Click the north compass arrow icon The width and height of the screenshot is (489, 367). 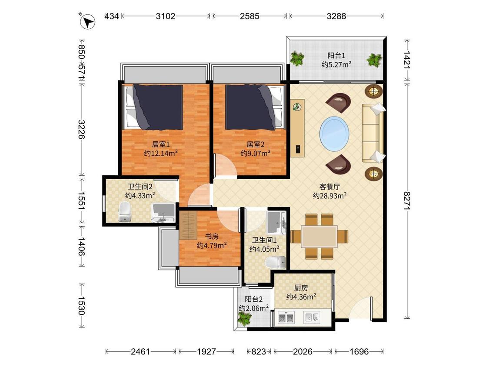click(88, 22)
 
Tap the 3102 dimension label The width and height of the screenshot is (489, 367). click(166, 16)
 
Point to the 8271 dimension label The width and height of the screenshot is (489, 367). click(407, 200)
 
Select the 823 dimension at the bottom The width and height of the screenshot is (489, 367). click(259, 352)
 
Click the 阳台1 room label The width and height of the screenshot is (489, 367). click(336, 56)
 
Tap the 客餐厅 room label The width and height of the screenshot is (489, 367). click(329, 187)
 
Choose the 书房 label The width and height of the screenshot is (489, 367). click(211, 237)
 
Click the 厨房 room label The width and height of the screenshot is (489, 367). click(301, 288)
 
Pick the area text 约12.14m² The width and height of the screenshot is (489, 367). click(161, 153)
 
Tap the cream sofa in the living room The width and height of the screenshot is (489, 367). click(373, 133)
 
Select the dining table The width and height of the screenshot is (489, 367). click(319, 237)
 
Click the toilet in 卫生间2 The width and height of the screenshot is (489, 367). click(125, 212)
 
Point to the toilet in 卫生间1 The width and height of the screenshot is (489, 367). click(276, 263)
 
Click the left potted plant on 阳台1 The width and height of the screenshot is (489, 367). click(297, 59)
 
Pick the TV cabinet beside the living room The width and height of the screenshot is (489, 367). click(297, 128)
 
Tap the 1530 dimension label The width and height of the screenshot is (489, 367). click(82, 306)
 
